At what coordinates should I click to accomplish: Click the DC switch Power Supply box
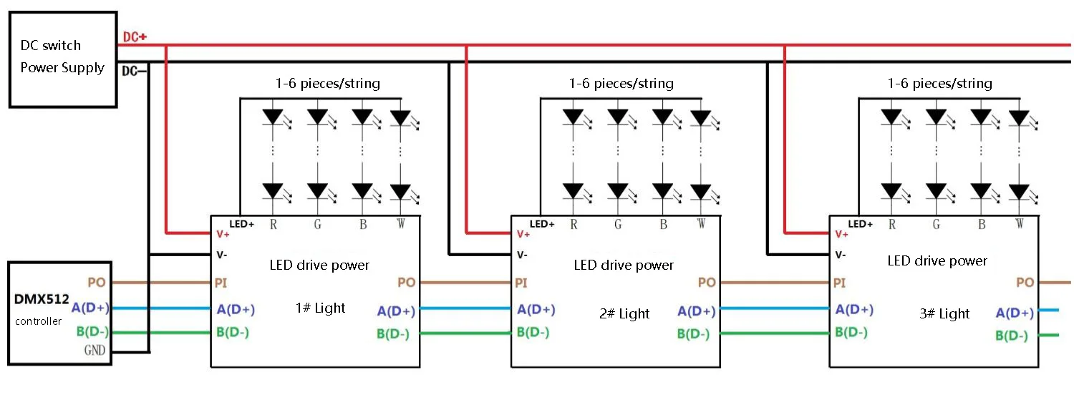point(62,59)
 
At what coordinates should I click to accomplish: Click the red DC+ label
point(135,36)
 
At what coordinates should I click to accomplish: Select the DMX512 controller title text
point(42,301)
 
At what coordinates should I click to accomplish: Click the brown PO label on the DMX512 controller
point(97,283)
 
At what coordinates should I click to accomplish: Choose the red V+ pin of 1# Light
point(223,233)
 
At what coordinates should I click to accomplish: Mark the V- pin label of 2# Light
point(523,255)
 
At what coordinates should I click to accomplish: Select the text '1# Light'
point(320,308)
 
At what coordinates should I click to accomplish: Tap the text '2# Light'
point(624,313)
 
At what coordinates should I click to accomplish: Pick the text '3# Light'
point(944,313)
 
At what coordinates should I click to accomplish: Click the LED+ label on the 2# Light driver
point(542,225)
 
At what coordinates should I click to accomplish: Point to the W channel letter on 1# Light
point(401,224)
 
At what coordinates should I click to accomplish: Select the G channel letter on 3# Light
point(937,224)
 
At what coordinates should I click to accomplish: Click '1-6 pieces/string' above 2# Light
point(621,84)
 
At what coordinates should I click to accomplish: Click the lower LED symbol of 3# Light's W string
point(1020,192)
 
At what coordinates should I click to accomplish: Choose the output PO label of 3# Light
point(1025,283)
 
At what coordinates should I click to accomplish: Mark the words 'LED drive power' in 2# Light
point(624,265)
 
